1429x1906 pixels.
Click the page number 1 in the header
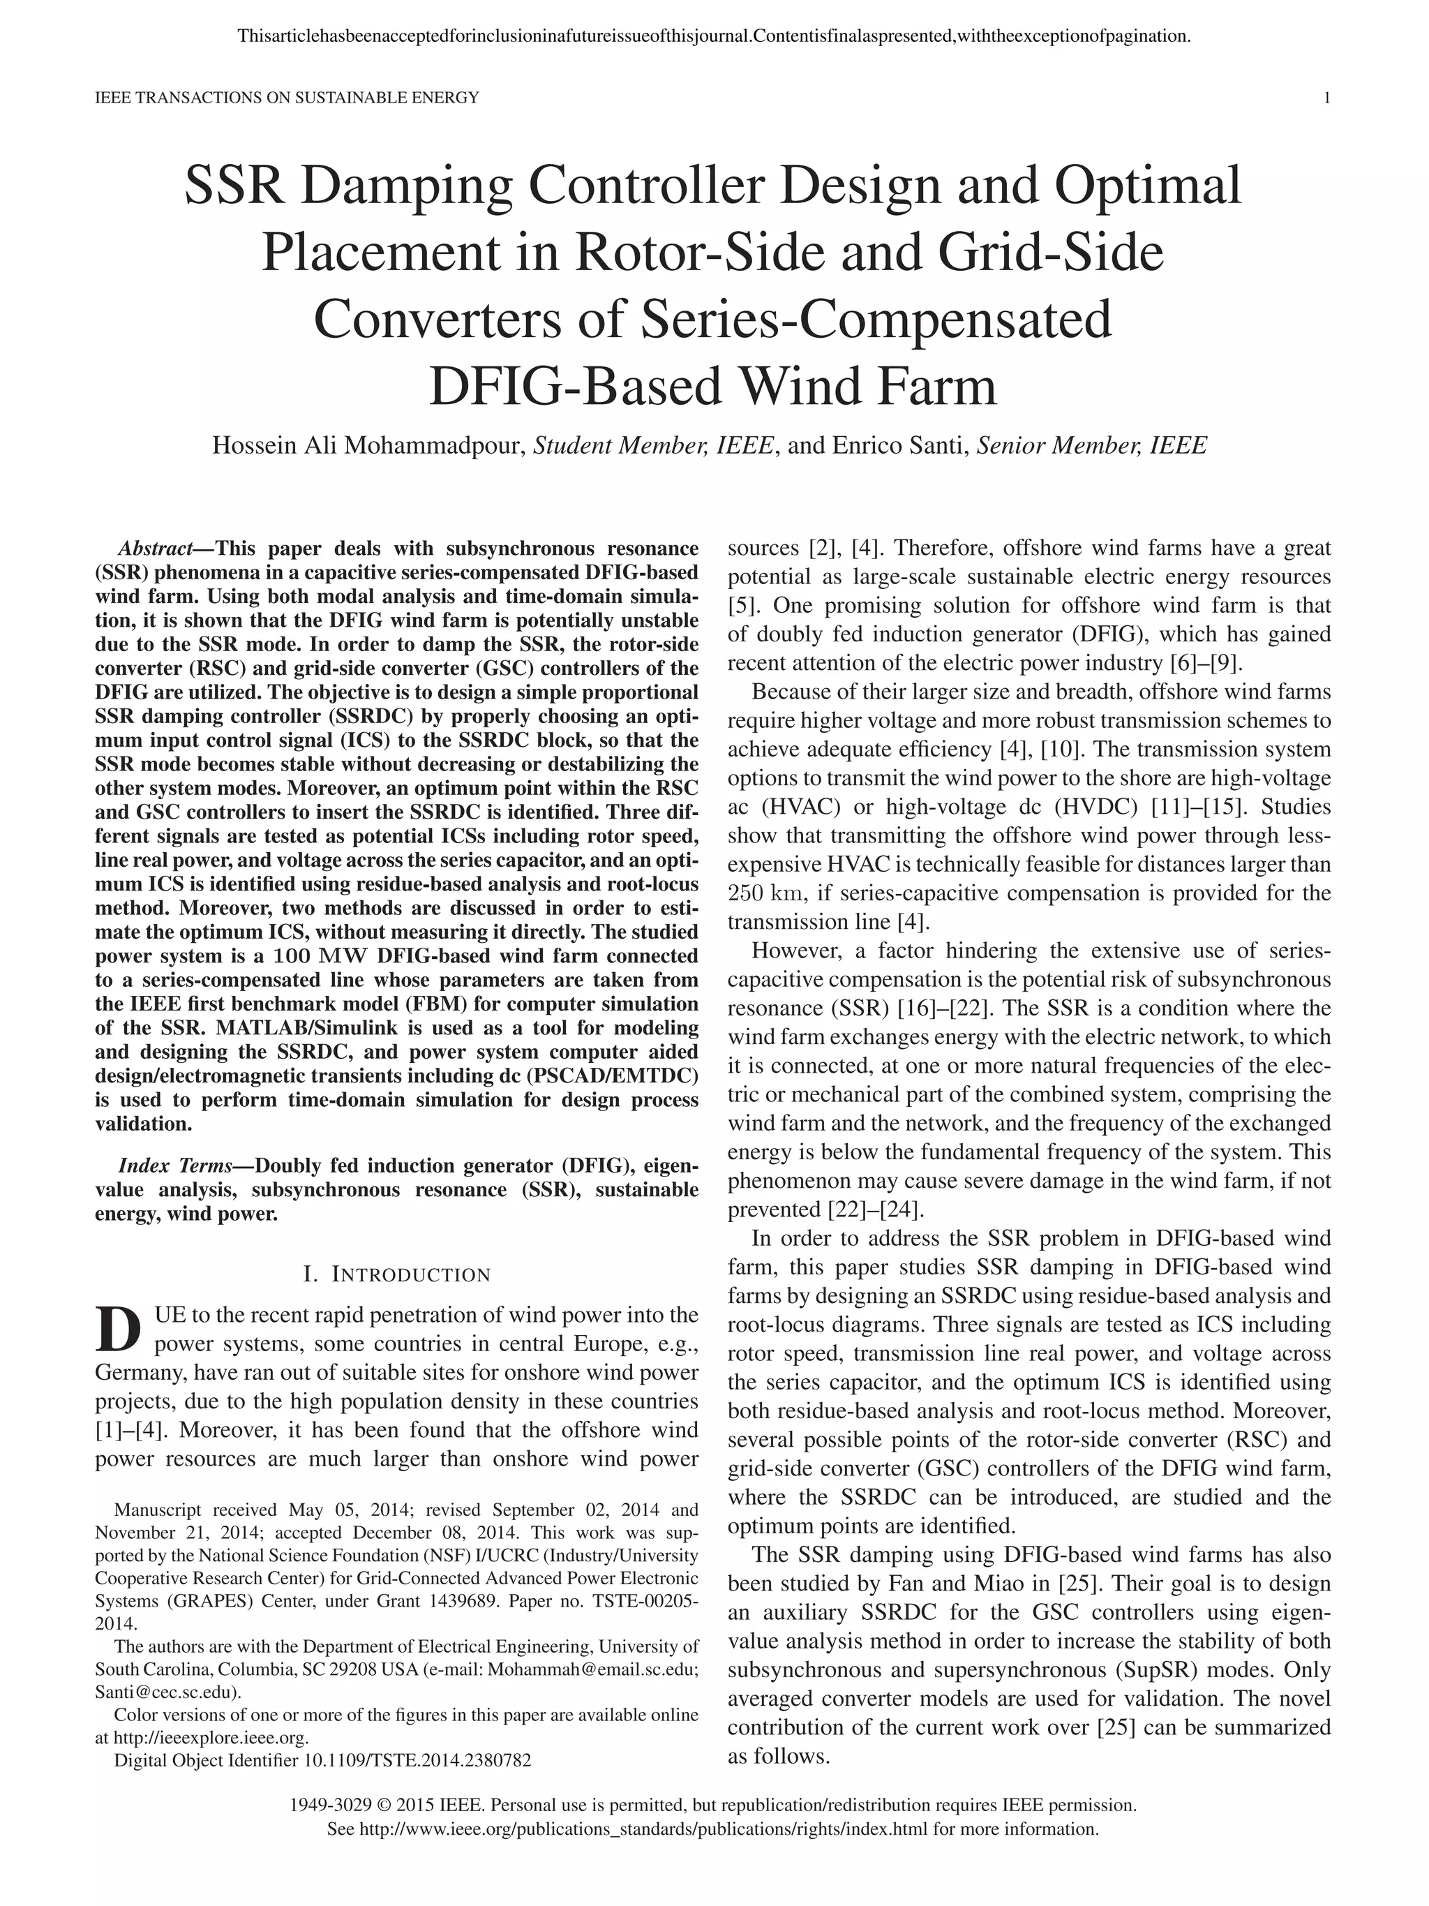tap(1326, 98)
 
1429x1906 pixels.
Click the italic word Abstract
tap(155, 549)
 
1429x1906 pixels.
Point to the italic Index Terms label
tap(175, 1166)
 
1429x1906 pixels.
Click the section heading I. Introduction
tap(397, 1274)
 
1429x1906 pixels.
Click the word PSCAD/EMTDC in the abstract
tap(603, 1076)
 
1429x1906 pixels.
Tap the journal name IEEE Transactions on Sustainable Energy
tap(286, 98)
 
